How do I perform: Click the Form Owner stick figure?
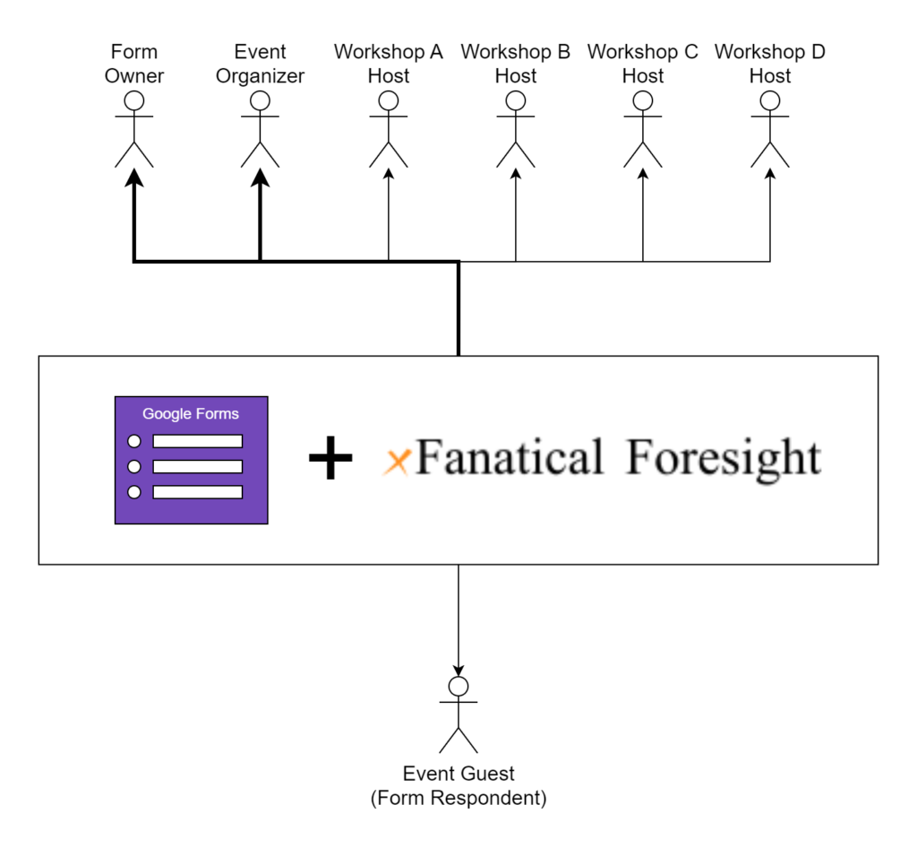pyautogui.click(x=134, y=129)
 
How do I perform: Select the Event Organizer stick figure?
pyautogui.click(x=261, y=129)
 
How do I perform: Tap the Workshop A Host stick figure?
pyautogui.click(x=388, y=129)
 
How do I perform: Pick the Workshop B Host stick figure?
pyautogui.click(x=515, y=129)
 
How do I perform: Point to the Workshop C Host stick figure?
pyautogui.click(x=642, y=129)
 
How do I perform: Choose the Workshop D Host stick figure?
pyautogui.click(x=770, y=129)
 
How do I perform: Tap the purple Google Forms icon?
pyautogui.click(x=191, y=460)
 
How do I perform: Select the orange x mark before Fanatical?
pyautogui.click(x=397, y=461)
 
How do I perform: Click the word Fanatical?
pyautogui.click(x=510, y=458)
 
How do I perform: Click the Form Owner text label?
pyautogui.click(x=134, y=64)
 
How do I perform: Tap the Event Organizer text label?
pyautogui.click(x=261, y=64)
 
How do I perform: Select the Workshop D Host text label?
pyautogui.click(x=770, y=64)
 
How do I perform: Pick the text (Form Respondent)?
pyautogui.click(x=458, y=798)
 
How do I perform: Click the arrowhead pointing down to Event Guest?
pyautogui.click(x=458, y=670)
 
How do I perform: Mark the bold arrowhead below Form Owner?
pyautogui.click(x=134, y=178)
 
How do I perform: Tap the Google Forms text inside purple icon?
pyautogui.click(x=191, y=414)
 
